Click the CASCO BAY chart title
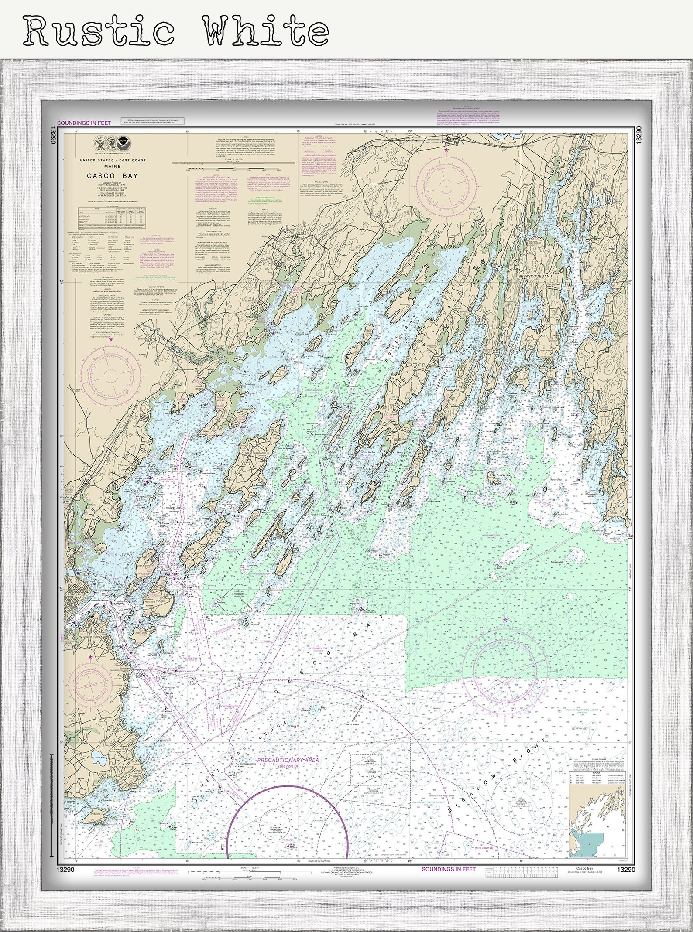pos(112,176)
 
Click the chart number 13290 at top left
pos(53,134)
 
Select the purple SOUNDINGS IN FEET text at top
pos(84,123)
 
